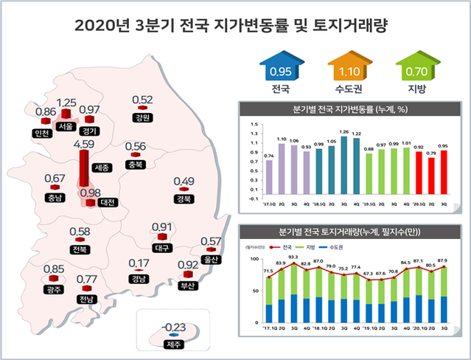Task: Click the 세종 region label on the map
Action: click(102, 168)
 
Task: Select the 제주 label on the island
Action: click(173, 345)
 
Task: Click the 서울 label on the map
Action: click(66, 127)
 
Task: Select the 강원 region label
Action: click(142, 117)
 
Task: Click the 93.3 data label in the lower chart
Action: click(293, 257)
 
